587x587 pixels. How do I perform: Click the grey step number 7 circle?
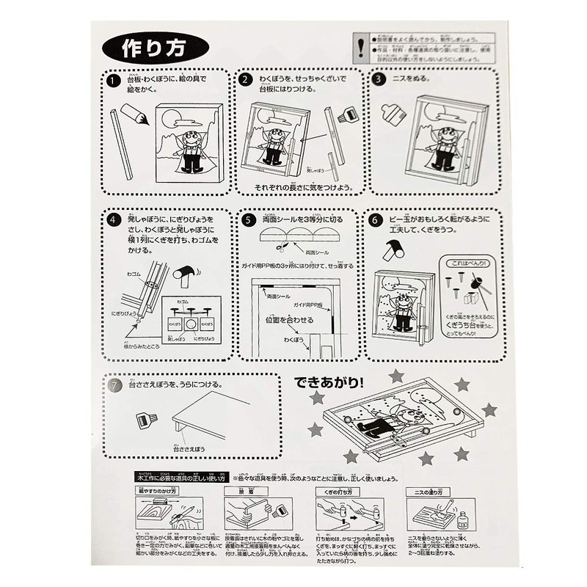tap(114, 384)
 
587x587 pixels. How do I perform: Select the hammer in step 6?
tap(395, 252)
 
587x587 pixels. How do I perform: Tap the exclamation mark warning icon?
tap(360, 48)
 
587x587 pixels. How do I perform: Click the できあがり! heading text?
tap(332, 382)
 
